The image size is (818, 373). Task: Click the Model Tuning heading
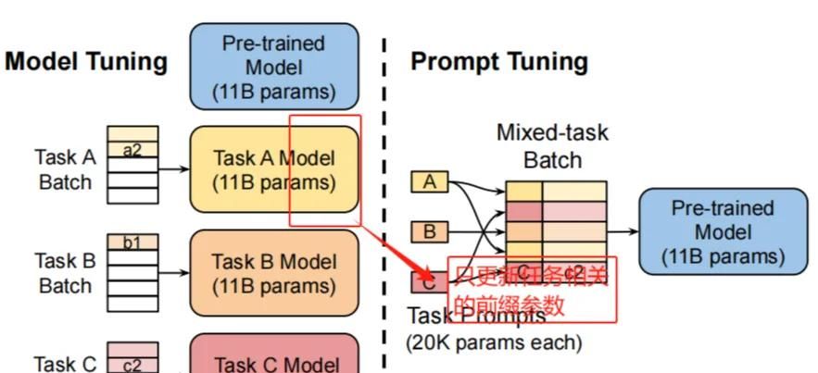(86, 62)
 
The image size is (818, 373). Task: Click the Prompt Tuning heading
(498, 62)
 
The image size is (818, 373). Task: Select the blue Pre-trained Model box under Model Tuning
(274, 67)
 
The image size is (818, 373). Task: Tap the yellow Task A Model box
(274, 170)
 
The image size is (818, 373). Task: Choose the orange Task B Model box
(274, 274)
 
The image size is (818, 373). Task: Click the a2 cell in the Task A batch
(132, 150)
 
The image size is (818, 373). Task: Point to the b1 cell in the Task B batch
(132, 243)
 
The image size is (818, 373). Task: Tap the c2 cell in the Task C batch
(132, 365)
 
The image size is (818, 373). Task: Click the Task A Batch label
(65, 169)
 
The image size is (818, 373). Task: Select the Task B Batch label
(65, 273)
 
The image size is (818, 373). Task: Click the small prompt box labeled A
(429, 182)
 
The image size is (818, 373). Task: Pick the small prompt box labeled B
(429, 230)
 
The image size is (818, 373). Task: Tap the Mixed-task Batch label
(552, 146)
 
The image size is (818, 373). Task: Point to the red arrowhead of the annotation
(427, 274)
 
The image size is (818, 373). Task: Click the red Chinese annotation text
(531, 290)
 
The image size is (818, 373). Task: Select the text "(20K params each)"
(494, 342)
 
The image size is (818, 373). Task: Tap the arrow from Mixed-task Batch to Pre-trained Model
(623, 231)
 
